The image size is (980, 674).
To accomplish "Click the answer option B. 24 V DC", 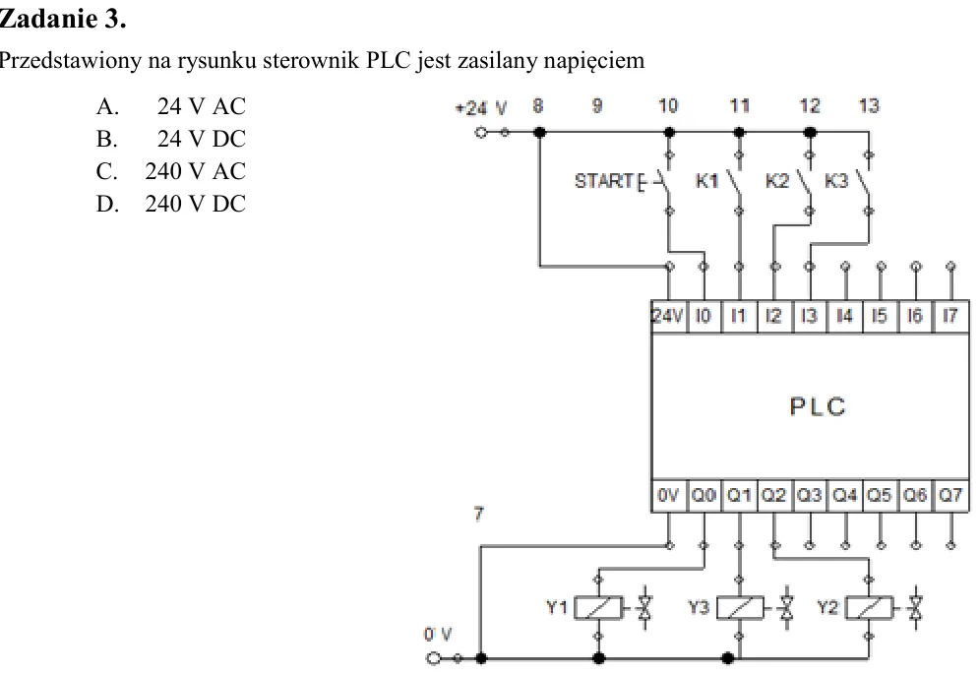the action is [x=170, y=139].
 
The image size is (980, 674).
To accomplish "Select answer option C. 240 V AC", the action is [x=170, y=171].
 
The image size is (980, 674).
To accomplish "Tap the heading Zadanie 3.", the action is [x=63, y=19].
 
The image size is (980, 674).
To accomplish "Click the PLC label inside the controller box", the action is [x=818, y=407].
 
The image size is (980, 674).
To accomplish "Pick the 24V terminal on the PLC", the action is [x=669, y=317].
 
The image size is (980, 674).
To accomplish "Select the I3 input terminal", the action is [x=810, y=317].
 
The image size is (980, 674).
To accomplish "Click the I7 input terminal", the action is [x=950, y=317].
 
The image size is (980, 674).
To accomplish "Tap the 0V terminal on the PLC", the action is [x=669, y=496].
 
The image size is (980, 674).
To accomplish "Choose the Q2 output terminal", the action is [x=774, y=496].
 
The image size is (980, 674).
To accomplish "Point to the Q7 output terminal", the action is [x=950, y=496].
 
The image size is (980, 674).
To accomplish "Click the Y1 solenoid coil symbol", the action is [x=598, y=608].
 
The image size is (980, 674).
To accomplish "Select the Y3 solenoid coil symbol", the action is [x=740, y=608].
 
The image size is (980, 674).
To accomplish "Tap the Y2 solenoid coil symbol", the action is [x=869, y=608].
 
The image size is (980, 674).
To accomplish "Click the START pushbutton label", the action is [x=604, y=181].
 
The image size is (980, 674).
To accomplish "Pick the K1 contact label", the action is [x=706, y=181].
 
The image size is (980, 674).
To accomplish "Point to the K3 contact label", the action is [x=836, y=181].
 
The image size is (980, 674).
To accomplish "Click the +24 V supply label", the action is [x=481, y=109].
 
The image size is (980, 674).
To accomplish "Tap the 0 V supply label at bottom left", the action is [x=438, y=635].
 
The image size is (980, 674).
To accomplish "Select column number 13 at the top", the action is [x=869, y=105].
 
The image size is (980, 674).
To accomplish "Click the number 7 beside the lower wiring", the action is [x=479, y=514].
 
